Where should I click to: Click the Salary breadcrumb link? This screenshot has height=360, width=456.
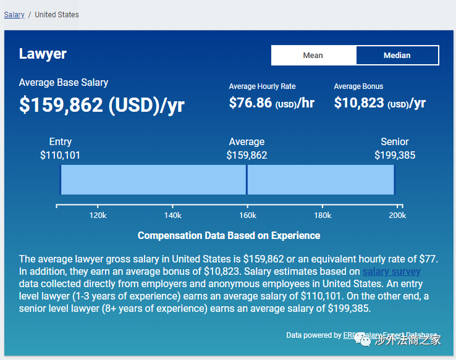coord(14,14)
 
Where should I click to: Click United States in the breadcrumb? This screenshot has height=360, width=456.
coord(57,14)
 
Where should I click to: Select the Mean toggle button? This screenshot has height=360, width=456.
coord(313,55)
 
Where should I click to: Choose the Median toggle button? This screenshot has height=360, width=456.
coord(397,55)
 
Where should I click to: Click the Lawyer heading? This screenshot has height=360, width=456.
coord(43,54)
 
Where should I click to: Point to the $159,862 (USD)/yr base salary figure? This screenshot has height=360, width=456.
coord(101,105)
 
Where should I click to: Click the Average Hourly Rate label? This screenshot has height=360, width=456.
coord(262,86)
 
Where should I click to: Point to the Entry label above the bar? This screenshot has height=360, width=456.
coord(61,141)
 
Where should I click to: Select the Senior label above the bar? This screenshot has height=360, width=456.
coord(395,141)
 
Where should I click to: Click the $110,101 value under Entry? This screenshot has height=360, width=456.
coord(61,155)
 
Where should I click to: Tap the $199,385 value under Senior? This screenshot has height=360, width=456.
coord(395,155)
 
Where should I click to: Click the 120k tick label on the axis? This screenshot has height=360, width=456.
coord(98,216)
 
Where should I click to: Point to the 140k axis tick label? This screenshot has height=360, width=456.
coord(172,216)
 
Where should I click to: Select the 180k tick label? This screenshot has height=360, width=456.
coord(322,216)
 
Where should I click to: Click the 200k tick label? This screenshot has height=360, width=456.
coord(397,216)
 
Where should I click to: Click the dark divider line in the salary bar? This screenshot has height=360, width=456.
coord(247,180)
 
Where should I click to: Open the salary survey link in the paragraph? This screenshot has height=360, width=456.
coord(391,272)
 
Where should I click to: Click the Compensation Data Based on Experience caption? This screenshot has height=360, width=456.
coord(229,235)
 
